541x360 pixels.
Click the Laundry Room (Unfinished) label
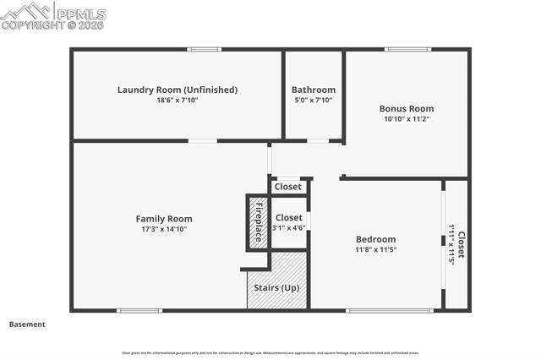[177, 90]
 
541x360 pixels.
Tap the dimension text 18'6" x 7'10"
[177, 101]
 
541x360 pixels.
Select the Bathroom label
[313, 90]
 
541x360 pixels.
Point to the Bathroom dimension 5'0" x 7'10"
[313, 101]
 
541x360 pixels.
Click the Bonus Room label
[407, 109]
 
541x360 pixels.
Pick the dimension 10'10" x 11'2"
[407, 119]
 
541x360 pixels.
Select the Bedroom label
[375, 240]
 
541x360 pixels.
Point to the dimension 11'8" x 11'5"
[375, 250]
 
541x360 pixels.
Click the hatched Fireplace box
[259, 221]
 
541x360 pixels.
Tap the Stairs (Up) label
[276, 289]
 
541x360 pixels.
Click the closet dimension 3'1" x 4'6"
[288, 228]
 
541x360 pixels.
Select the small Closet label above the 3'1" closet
[288, 187]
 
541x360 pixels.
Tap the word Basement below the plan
[27, 325]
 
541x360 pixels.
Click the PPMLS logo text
[79, 14]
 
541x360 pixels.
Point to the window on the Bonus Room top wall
[407, 49]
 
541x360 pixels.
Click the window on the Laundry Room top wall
[205, 49]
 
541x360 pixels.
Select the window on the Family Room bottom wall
[139, 310]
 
